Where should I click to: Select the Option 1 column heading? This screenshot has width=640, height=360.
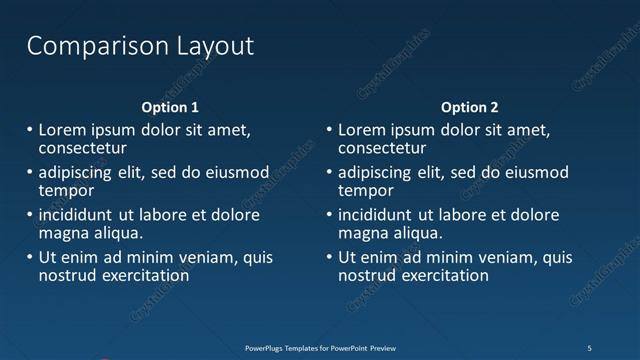coord(169,107)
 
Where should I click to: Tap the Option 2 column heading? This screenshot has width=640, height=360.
coord(469,107)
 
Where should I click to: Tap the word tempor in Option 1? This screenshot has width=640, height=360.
coord(66,190)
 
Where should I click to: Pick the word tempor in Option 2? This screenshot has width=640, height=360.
coord(366,190)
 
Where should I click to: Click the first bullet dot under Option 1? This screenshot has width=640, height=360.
coord(28,130)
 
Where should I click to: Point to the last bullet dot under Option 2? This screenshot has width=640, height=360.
coord(328,258)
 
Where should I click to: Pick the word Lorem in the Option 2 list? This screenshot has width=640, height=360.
coord(362,130)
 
